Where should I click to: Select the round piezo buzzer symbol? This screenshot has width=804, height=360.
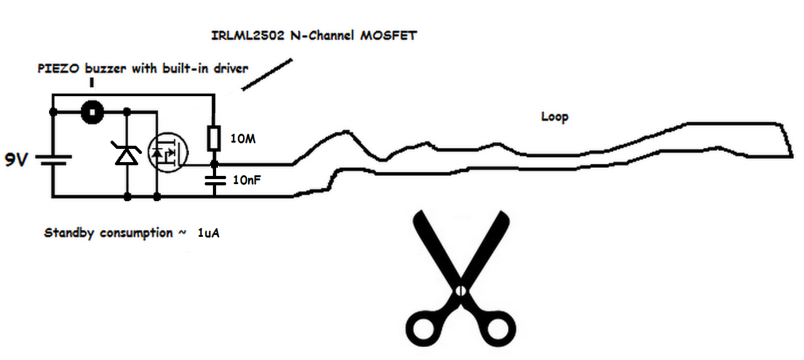click(92, 112)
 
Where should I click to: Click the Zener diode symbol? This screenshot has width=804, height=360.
click(128, 154)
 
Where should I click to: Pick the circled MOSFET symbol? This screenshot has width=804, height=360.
click(168, 153)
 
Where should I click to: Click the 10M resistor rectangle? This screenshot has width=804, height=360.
click(214, 138)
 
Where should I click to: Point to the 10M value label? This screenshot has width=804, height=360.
click(243, 139)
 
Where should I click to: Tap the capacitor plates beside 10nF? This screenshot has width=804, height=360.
click(214, 179)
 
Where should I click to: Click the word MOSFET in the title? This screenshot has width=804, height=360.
click(388, 35)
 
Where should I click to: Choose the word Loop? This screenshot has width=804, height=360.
click(554, 117)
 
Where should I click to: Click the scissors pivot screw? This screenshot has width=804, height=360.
click(460, 291)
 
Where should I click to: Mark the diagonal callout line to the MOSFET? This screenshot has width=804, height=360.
click(268, 75)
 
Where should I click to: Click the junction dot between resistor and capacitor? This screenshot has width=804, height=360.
click(214, 164)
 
